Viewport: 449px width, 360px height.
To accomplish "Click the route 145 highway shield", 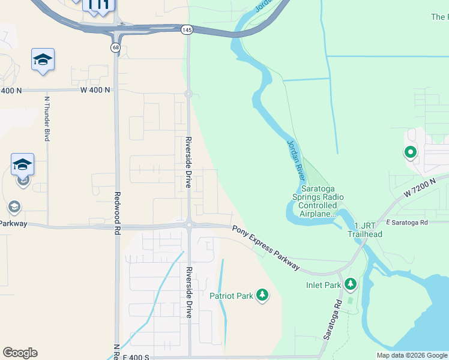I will tap(188, 29).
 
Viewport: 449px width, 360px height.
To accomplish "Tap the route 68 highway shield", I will tap(115, 47).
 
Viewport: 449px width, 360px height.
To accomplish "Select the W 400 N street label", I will tap(95, 90).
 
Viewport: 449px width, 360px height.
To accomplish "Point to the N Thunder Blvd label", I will tap(47, 118).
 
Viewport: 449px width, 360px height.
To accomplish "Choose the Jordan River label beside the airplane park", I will tap(296, 160).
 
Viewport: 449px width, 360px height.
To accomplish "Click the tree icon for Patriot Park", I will tap(262, 295).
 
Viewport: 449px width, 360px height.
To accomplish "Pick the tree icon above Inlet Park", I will tap(350, 283).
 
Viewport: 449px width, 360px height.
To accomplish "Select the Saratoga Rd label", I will tap(333, 320).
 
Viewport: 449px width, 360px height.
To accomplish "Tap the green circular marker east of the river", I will tap(411, 152).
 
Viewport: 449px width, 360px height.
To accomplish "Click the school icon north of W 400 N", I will tap(43, 59).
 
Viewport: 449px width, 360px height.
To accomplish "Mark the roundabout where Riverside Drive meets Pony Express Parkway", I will tap(188, 225).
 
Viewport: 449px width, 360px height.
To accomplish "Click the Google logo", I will tap(20, 353).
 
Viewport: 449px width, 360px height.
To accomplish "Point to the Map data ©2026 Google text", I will tap(411, 355).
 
